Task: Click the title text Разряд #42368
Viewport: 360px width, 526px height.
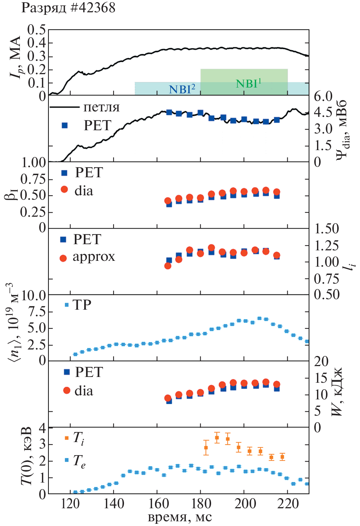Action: click(68, 8)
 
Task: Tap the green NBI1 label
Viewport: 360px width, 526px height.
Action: click(248, 84)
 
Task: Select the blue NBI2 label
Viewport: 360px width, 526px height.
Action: click(182, 89)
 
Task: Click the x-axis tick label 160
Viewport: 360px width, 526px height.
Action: click(157, 504)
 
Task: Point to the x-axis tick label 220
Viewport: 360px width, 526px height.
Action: click(288, 504)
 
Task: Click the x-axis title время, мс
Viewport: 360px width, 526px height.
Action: click(180, 517)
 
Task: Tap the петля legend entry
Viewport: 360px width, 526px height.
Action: click(101, 107)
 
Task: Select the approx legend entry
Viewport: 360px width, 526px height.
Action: click(94, 257)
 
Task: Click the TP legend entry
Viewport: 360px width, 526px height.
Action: click(82, 305)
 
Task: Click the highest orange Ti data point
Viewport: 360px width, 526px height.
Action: click(217, 438)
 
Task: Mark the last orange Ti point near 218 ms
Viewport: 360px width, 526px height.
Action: click(282, 457)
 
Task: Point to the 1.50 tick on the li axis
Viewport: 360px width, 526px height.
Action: click(326, 229)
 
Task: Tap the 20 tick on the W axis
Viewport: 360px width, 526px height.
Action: click(321, 361)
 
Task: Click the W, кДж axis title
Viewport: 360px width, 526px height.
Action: click(336, 393)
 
